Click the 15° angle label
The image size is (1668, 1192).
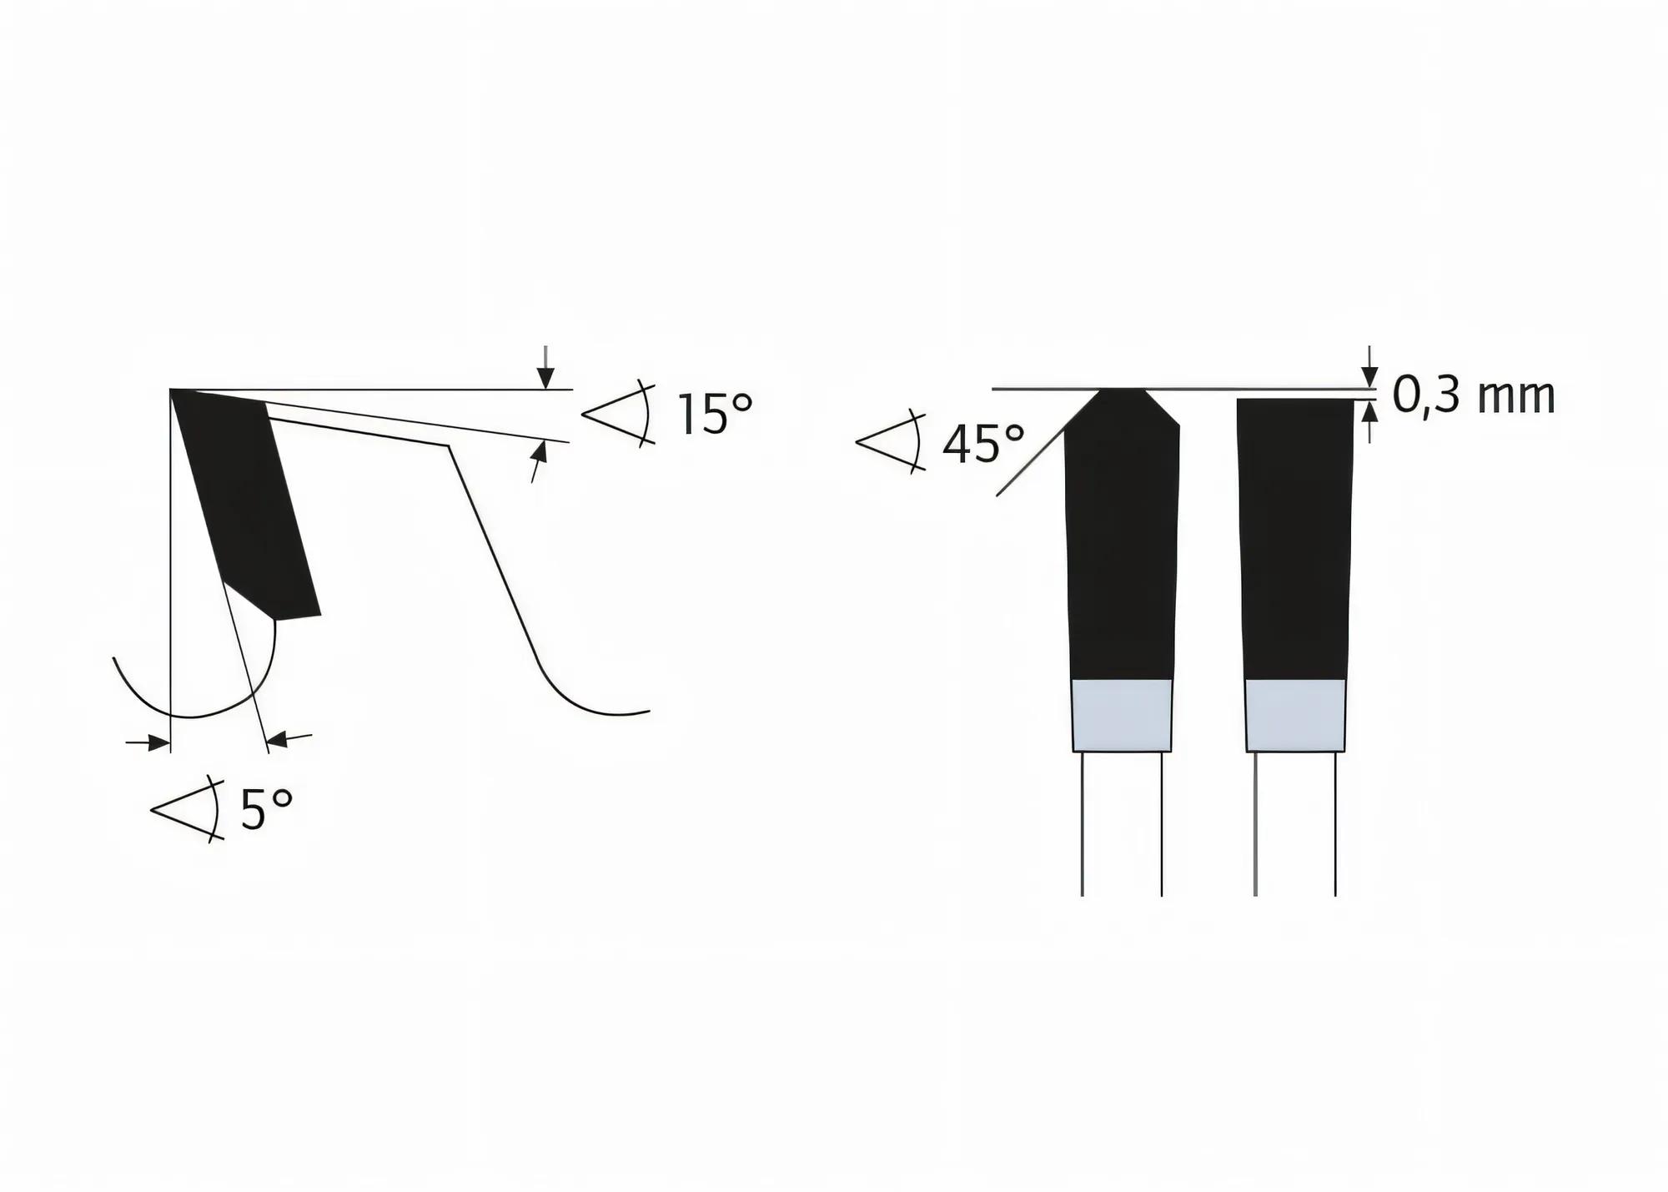point(715,415)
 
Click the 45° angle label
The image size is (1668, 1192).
point(982,445)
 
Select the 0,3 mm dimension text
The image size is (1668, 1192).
point(1474,396)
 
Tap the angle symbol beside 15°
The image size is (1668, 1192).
point(617,413)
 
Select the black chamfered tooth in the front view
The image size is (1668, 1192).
point(1122,542)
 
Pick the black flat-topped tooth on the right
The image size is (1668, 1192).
point(1294,542)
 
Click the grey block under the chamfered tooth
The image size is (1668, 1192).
point(1122,716)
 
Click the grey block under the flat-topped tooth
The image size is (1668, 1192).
point(1295,716)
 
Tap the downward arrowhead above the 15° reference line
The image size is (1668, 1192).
point(545,379)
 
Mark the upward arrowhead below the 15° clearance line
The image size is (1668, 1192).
point(540,452)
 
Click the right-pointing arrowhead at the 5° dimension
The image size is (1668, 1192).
point(158,742)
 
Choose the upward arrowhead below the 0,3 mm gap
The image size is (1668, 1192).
point(1369,411)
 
